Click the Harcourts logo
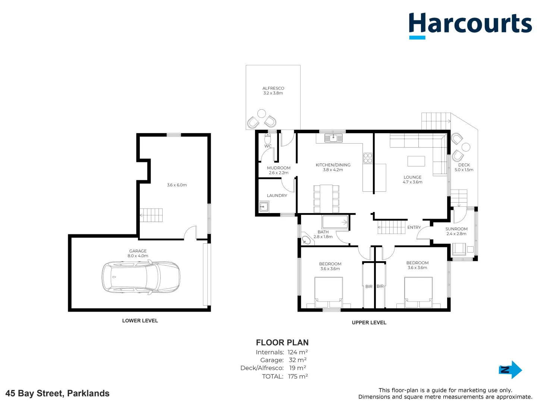(470, 25)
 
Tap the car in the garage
(141, 277)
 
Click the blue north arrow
(511, 370)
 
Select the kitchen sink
(333, 138)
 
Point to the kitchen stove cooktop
(368, 158)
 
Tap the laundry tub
(264, 206)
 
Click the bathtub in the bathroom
(335, 222)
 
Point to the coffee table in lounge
(416, 161)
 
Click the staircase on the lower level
(151, 215)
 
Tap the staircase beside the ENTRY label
(392, 227)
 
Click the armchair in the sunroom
(459, 249)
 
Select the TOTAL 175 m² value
(298, 376)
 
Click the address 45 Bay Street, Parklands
(57, 393)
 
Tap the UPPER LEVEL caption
(369, 322)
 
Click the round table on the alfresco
(262, 113)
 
